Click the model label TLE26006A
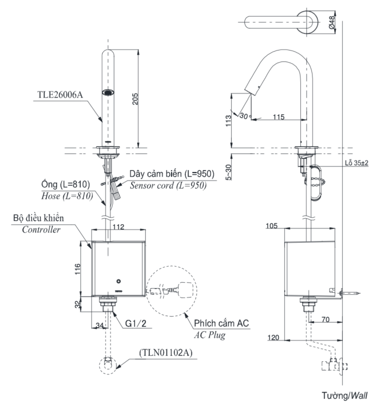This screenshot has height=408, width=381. tap(60, 93)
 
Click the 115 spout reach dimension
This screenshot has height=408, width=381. tap(279, 116)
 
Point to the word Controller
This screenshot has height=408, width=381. tap(41, 230)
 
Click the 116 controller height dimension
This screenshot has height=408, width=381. tap(78, 268)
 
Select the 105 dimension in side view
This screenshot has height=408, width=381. tap(273, 226)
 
